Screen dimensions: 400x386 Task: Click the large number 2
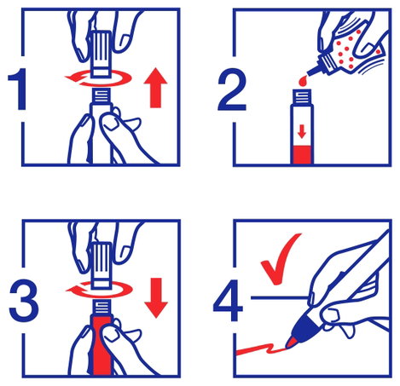232,89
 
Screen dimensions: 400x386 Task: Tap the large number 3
24,300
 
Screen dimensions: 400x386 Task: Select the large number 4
229,300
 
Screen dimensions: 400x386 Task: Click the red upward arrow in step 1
155,88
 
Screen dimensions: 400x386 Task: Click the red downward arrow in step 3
156,297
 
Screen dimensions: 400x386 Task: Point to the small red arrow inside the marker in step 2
302,132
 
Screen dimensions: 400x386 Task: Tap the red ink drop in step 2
302,81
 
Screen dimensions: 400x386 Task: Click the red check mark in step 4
280,259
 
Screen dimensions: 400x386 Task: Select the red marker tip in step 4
292,343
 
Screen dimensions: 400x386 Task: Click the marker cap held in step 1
101,54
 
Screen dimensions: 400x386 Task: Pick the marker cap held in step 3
101,265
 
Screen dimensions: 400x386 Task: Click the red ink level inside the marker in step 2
302,155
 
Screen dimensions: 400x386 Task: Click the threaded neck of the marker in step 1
101,95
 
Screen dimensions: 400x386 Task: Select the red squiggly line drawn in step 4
261,349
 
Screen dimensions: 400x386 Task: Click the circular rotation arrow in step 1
98,78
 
